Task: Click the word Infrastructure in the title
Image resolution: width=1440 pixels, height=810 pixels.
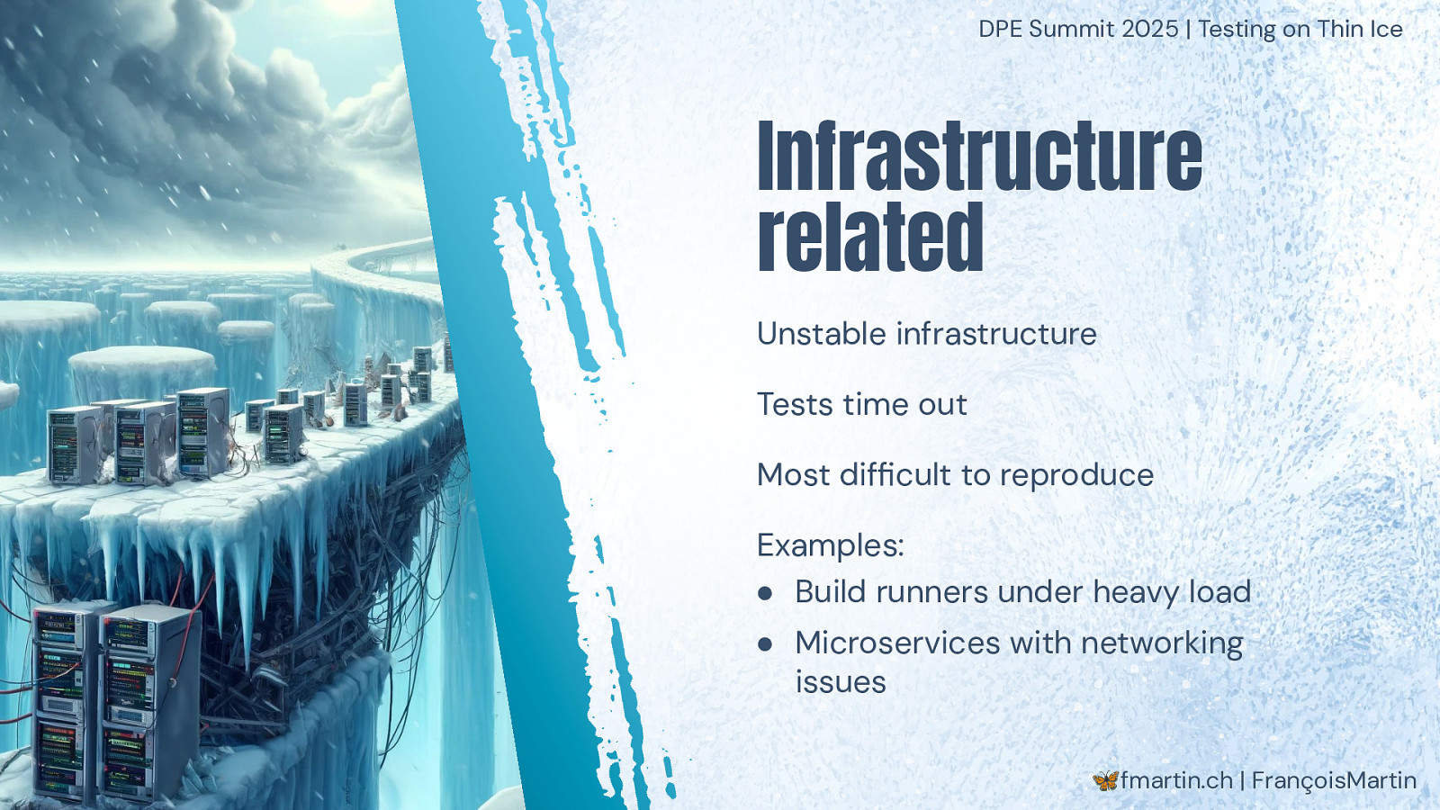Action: click(980, 156)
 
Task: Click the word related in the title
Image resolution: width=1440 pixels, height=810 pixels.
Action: click(870, 237)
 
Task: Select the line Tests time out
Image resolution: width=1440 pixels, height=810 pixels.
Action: click(862, 404)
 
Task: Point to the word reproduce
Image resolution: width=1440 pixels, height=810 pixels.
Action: click(1076, 477)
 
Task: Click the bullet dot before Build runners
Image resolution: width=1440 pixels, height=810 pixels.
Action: click(764, 593)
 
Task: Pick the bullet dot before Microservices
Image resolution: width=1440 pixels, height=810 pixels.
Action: click(764, 644)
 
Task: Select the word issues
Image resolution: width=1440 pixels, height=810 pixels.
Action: click(841, 681)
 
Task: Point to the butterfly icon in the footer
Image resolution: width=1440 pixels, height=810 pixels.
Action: click(1105, 780)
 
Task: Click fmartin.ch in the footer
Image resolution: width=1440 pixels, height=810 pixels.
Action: click(1176, 780)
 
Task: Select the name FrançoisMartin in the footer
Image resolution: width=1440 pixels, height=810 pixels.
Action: click(1334, 780)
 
